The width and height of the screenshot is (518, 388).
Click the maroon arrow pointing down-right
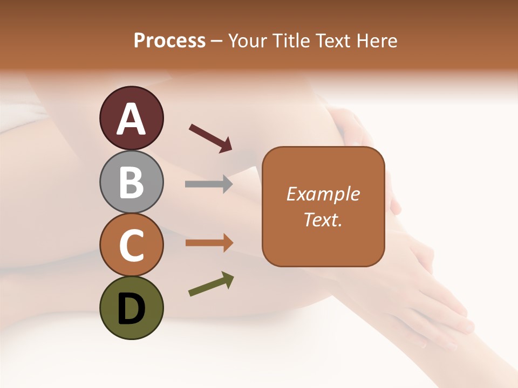click(x=210, y=138)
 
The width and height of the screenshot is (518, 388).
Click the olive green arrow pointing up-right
click(x=211, y=284)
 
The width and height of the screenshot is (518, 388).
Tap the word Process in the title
click(x=169, y=41)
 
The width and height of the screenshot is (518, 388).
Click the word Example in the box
click(x=323, y=194)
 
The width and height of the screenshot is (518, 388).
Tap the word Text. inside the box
click(x=323, y=220)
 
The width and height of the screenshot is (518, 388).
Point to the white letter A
click(x=132, y=119)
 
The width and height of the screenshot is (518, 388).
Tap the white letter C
click(x=132, y=246)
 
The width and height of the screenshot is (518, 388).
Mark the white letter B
click(x=132, y=182)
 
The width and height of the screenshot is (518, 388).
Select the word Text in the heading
click(x=333, y=41)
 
